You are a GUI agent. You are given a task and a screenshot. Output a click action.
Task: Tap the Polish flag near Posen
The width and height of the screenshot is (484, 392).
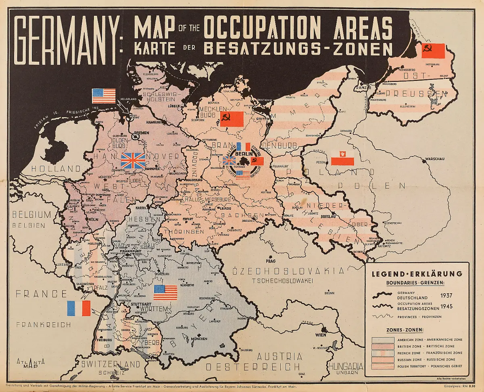tap(342, 159)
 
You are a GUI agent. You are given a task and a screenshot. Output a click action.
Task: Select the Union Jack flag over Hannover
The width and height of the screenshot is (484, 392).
tap(133, 161)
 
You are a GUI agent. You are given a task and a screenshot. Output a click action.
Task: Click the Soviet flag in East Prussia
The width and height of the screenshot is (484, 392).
tap(433, 51)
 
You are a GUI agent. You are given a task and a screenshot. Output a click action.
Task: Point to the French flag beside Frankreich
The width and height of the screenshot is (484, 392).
tap(79, 308)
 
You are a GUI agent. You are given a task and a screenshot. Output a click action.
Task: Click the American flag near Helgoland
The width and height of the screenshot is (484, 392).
tap(104, 96)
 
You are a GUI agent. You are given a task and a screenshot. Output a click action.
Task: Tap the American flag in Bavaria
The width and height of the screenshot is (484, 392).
tap(165, 292)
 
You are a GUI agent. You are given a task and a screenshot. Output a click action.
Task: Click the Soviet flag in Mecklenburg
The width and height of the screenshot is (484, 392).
tap(232, 119)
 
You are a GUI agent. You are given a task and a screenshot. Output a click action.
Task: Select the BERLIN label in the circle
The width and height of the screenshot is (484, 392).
tap(244, 154)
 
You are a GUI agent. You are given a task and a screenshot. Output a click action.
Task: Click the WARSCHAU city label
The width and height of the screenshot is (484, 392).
tap(434, 159)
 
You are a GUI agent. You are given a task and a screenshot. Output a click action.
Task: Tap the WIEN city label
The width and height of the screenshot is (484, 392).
tap(321, 335)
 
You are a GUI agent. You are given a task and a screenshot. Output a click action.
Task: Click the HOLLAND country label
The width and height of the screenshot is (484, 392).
tap(52, 169)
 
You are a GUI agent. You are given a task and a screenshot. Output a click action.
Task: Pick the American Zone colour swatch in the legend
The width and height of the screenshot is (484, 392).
tap(382, 340)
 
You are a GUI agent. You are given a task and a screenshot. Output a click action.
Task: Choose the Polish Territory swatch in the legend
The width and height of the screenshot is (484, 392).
tap(382, 366)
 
